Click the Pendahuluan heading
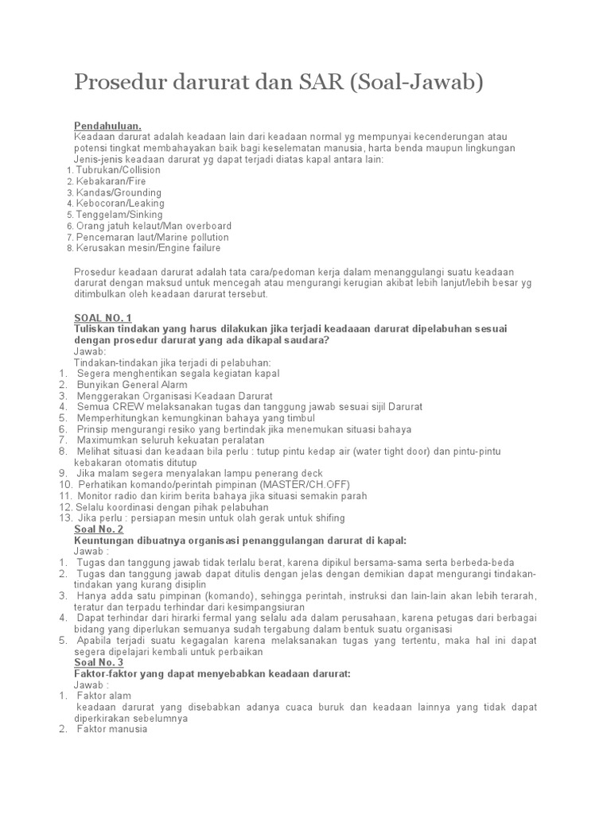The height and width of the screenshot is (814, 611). click(107, 126)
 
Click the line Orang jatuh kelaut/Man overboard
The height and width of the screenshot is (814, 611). click(152, 226)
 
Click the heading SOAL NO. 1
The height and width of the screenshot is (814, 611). click(102, 318)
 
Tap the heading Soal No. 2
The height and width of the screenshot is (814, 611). click(99, 529)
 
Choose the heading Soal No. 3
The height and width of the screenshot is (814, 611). click(99, 662)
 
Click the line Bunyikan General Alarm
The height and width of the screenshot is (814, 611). click(133, 385)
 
